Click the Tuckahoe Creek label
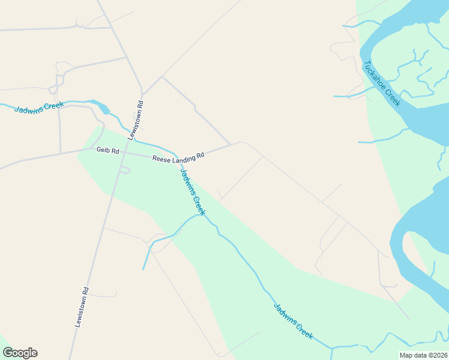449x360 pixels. tap(382, 84)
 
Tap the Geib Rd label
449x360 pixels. tap(108, 151)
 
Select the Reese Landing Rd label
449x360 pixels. tap(178, 157)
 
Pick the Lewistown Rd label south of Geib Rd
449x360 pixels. tap(82, 307)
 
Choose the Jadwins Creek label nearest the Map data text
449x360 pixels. tap(294, 321)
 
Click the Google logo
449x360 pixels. tap(20, 353)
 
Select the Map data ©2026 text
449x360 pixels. tap(423, 355)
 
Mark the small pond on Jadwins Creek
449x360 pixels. tap(104, 109)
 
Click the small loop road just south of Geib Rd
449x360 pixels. tap(124, 170)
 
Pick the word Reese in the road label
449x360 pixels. tap(160, 158)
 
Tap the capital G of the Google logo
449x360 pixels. tap(8, 353)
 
